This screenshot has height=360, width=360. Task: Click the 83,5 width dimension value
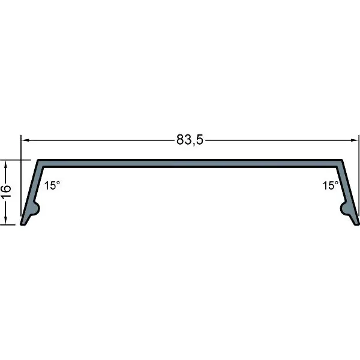[x=190, y=140]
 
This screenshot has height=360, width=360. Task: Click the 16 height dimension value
[x=6, y=191]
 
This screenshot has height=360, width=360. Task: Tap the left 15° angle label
[x=52, y=185]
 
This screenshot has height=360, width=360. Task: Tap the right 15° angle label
[x=331, y=185]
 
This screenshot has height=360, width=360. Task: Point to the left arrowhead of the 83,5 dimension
[x=25, y=140]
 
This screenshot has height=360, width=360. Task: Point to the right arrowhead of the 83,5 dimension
[x=355, y=140]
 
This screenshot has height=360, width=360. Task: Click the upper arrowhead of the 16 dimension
[x=6, y=164]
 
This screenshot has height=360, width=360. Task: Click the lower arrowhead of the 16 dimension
[x=6, y=220]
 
